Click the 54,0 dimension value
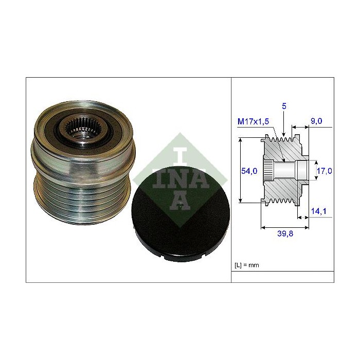coord(249,171)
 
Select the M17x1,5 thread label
coord(253,121)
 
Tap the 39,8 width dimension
coord(285,233)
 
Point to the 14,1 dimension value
coord(318,211)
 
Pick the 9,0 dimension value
coord(316,121)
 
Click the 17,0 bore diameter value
coord(324,171)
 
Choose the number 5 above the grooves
coord(284,106)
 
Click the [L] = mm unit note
coord(247,265)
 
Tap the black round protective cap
coord(181,214)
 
